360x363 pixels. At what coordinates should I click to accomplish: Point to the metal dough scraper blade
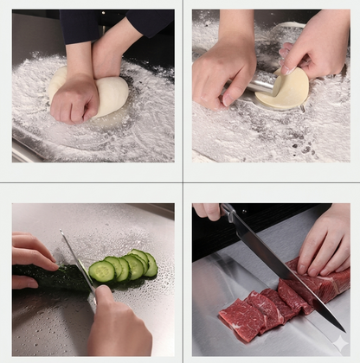(262, 84)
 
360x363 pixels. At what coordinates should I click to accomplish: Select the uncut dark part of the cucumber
(52, 277)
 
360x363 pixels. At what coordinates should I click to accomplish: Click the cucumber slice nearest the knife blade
(101, 272)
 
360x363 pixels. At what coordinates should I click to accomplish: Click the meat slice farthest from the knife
(239, 321)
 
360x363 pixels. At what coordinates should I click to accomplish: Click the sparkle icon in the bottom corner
(338, 342)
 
